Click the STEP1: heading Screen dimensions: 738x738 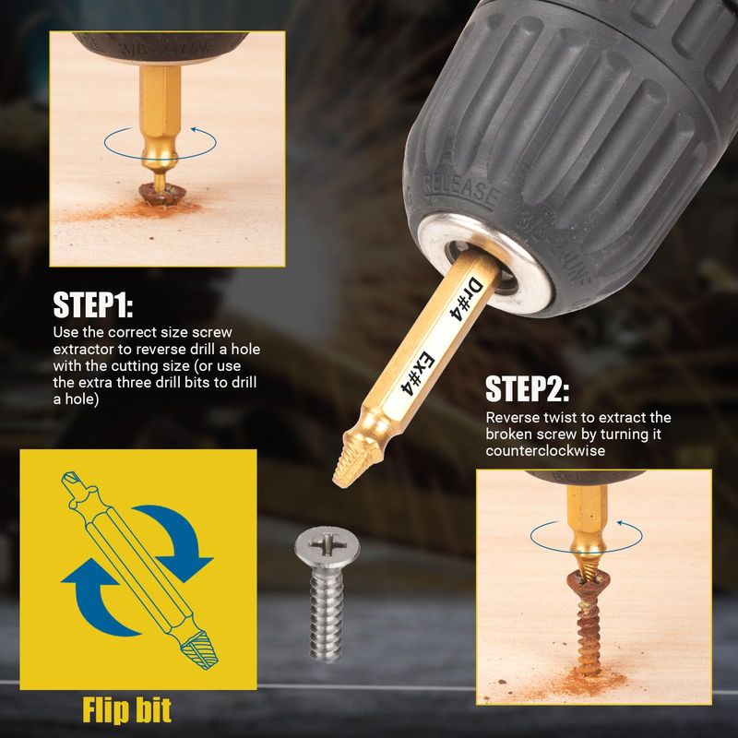coord(93,304)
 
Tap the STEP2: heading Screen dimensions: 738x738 coord(527,388)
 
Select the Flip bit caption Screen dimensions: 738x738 coord(126,709)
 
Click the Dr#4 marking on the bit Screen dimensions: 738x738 coord(467,299)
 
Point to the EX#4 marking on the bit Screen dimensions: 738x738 coord(417,373)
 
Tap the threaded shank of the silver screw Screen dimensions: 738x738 coord(326,615)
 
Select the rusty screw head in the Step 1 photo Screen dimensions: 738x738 coord(161,194)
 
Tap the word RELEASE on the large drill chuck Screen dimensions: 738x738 coord(460,191)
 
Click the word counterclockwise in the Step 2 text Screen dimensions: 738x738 coord(545,451)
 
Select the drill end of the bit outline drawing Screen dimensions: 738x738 coord(73,485)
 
